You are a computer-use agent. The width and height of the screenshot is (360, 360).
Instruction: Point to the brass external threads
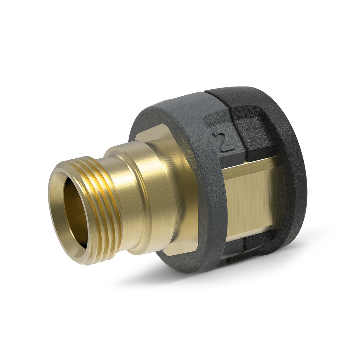[105, 211]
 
